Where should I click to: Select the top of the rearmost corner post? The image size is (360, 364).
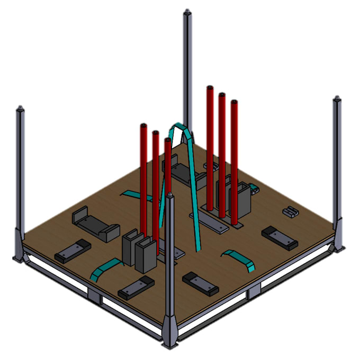pos(187,12)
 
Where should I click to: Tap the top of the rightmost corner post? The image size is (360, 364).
pos(337,99)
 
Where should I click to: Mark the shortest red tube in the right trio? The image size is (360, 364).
pos(234,159)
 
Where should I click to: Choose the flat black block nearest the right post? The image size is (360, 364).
pos(280,238)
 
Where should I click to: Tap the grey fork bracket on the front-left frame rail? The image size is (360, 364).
pos(95,297)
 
